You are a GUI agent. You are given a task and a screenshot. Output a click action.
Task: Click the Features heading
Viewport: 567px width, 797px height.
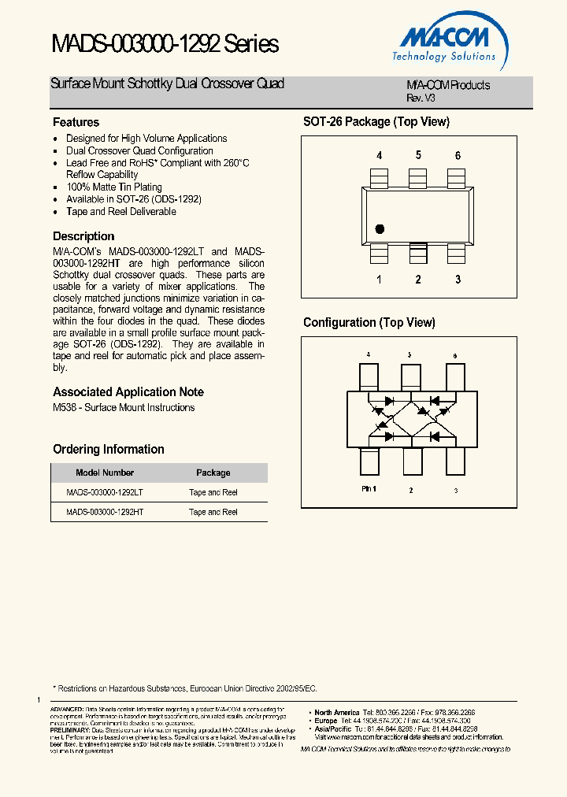76,123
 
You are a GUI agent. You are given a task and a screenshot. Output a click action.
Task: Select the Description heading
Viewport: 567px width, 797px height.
83,236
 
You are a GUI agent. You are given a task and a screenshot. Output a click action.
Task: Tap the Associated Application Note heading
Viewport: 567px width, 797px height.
128,392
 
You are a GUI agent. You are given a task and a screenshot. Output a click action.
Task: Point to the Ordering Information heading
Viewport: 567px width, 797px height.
109,450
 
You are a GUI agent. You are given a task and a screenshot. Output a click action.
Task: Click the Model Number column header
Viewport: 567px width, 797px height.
105,473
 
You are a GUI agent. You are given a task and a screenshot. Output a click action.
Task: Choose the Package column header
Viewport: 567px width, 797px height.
213,473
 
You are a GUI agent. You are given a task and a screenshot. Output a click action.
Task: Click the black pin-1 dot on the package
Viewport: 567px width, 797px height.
380,229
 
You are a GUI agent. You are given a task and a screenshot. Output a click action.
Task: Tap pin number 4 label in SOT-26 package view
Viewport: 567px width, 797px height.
379,156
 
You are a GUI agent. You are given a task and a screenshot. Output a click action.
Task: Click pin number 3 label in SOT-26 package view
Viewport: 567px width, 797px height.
458,280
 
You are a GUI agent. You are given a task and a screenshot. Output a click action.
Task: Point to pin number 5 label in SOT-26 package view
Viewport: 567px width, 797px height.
418,155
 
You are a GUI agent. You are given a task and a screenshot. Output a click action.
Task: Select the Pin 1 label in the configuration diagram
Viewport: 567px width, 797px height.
369,490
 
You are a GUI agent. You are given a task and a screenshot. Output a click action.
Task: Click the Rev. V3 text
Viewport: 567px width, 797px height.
421,98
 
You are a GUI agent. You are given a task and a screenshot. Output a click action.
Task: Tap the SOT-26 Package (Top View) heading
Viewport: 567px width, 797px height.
376,122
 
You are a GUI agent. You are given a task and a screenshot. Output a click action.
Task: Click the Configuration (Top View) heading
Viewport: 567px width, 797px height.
369,323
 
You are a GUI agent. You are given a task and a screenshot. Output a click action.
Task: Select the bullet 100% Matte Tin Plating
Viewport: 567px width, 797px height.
114,187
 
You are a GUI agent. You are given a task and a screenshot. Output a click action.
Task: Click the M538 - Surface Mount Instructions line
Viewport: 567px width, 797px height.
124,408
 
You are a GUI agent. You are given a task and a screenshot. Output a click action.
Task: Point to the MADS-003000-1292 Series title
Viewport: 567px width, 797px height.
165,45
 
